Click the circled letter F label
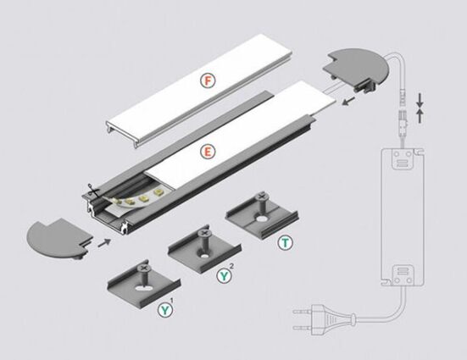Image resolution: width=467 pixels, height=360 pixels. pyautogui.click(x=208, y=80)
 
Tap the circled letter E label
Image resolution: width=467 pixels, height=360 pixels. pyautogui.click(x=208, y=152)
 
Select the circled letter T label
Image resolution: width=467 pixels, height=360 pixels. pyautogui.click(x=286, y=242)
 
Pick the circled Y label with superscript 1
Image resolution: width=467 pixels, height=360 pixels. pyautogui.click(x=165, y=310)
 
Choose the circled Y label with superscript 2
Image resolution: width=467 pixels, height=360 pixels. pyautogui.click(x=224, y=275)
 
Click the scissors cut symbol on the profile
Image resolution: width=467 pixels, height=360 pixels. pyautogui.click(x=92, y=191)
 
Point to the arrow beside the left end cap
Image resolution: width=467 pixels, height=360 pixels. pyautogui.click(x=104, y=242)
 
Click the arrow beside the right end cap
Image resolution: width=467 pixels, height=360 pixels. pyautogui.click(x=348, y=101)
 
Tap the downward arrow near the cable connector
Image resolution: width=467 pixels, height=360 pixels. pyautogui.click(x=420, y=100)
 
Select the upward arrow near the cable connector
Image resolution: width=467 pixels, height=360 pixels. pyautogui.click(x=420, y=116)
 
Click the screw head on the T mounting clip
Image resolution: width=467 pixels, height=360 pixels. pyautogui.click(x=261, y=196)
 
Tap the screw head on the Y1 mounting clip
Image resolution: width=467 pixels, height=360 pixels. pyautogui.click(x=143, y=268)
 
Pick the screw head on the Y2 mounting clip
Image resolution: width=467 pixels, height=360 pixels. pyautogui.click(x=204, y=233)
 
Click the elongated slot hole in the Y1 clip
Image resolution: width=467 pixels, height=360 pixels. pyautogui.click(x=142, y=288)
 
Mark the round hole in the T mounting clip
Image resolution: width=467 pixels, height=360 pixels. pyautogui.click(x=262, y=219)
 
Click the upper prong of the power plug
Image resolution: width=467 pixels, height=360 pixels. pyautogui.click(x=303, y=312)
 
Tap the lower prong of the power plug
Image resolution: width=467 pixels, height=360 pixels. pyautogui.click(x=303, y=328)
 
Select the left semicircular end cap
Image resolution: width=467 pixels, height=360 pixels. pyautogui.click(x=59, y=239)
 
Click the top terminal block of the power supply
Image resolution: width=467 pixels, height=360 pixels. pyautogui.click(x=403, y=158)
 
